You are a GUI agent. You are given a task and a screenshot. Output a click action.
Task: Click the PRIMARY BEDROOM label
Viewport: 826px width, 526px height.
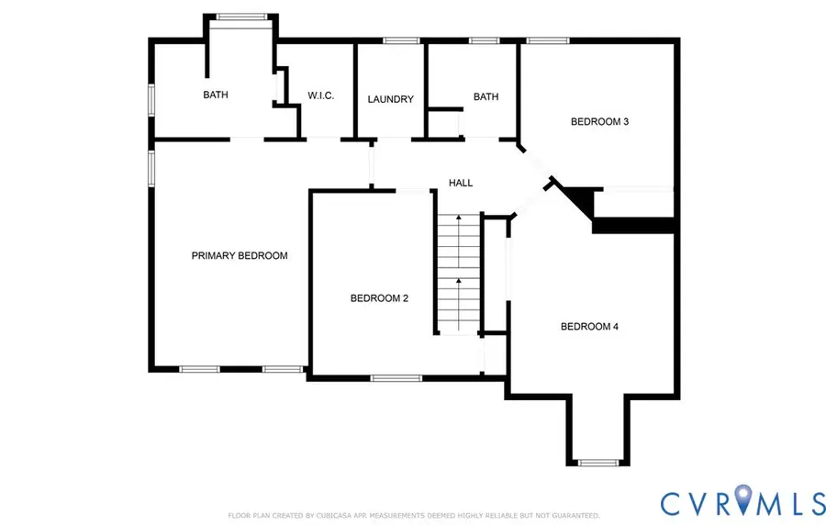tap(240, 255)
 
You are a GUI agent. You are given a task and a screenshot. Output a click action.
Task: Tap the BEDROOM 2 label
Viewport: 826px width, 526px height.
tap(379, 298)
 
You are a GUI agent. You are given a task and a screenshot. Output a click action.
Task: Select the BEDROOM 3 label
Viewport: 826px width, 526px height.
tap(599, 122)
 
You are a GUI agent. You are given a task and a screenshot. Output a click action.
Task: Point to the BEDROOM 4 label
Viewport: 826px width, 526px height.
tap(589, 327)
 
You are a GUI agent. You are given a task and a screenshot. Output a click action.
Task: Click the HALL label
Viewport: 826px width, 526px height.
tap(461, 183)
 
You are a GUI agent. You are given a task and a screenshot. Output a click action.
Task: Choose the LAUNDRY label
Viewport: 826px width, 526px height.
tap(390, 99)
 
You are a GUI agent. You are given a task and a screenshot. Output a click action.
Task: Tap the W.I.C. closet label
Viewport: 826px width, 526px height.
tap(321, 95)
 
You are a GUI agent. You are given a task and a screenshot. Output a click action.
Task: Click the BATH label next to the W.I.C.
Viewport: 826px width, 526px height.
tap(216, 95)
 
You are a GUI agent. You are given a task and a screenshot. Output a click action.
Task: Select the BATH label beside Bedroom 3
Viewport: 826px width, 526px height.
tap(486, 97)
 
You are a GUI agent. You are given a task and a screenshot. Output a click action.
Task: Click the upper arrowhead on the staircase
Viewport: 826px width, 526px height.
tap(459, 218)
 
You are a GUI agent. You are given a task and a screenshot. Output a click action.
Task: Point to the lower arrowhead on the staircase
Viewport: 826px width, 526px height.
tap(459, 282)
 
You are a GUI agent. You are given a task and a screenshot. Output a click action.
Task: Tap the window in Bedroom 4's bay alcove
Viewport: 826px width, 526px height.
tap(598, 463)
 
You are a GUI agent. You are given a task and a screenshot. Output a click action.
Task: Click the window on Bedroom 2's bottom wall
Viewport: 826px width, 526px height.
tap(396, 378)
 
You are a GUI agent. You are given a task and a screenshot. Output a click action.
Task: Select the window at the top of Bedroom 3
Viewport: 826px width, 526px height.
tap(548, 40)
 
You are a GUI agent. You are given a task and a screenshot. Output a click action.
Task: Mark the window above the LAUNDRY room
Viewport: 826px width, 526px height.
tap(401, 40)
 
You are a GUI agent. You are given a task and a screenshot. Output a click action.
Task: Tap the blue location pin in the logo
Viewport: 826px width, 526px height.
tap(742, 498)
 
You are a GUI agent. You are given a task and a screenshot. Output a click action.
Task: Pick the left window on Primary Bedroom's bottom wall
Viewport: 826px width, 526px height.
tap(199, 369)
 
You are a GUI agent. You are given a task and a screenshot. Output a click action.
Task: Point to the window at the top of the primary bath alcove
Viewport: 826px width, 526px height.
tap(241, 17)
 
